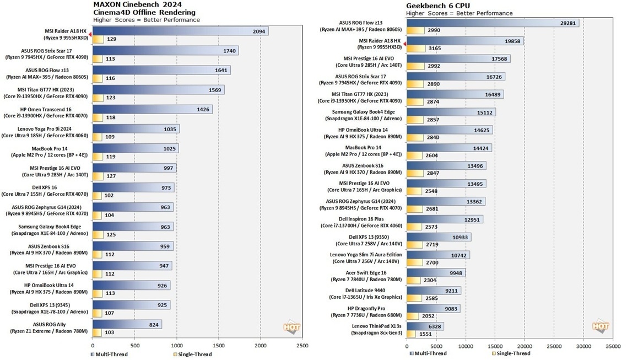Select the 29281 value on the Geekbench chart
[566, 23]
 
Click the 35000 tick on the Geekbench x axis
[613, 347]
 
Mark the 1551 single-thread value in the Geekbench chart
[425, 334]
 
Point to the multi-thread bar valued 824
[127, 325]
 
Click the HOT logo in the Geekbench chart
[600, 327]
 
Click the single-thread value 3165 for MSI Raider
[434, 49]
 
